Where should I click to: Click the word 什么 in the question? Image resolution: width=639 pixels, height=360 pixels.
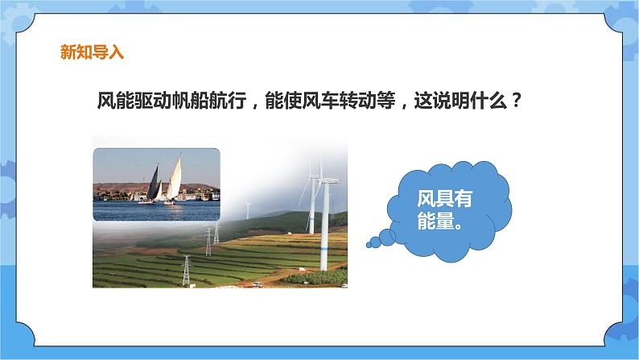(493, 102)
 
